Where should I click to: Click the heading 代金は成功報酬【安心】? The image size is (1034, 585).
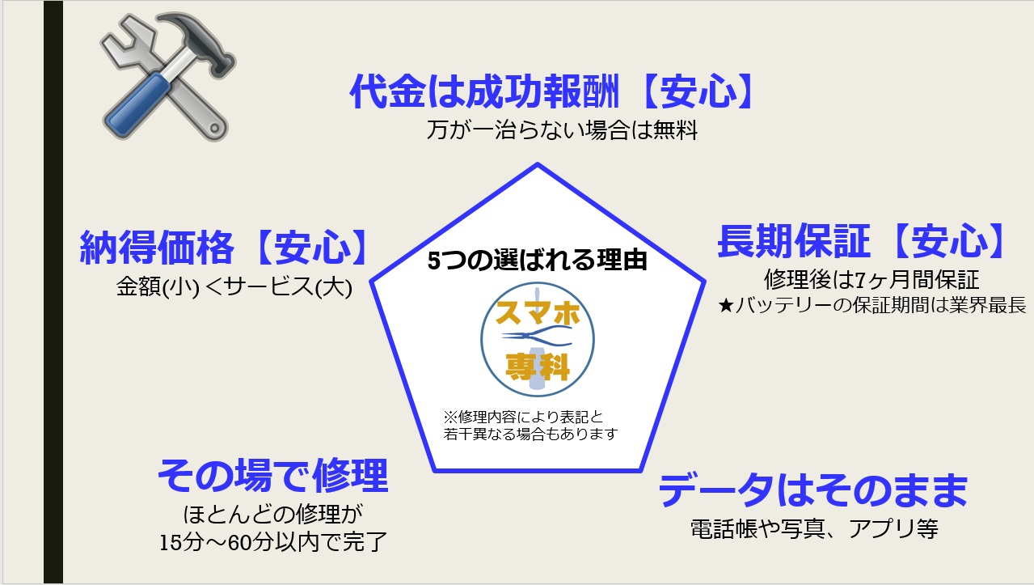(x=551, y=91)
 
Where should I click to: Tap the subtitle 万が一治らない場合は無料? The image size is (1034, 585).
(x=562, y=129)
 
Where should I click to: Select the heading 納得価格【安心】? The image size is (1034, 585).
(x=224, y=248)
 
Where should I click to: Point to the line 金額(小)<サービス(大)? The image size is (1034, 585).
(x=234, y=287)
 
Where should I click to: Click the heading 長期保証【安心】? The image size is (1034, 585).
(x=861, y=241)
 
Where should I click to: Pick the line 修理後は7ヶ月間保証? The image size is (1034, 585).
(x=871, y=280)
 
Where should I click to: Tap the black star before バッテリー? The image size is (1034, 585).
(x=726, y=305)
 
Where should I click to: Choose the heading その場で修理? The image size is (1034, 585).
(x=272, y=476)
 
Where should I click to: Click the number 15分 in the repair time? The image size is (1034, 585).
(x=182, y=542)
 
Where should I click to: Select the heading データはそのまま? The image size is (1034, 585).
(x=812, y=490)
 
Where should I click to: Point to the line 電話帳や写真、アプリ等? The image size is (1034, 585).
(x=814, y=529)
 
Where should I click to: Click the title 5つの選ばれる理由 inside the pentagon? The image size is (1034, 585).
(x=538, y=261)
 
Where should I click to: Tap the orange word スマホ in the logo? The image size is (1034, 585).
(x=538, y=313)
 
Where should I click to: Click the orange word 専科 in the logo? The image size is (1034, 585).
(x=538, y=367)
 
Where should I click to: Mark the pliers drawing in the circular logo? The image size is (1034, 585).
(x=538, y=337)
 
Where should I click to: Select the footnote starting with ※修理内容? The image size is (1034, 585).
(x=530, y=426)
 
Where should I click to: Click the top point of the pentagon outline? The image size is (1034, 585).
(x=538, y=163)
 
